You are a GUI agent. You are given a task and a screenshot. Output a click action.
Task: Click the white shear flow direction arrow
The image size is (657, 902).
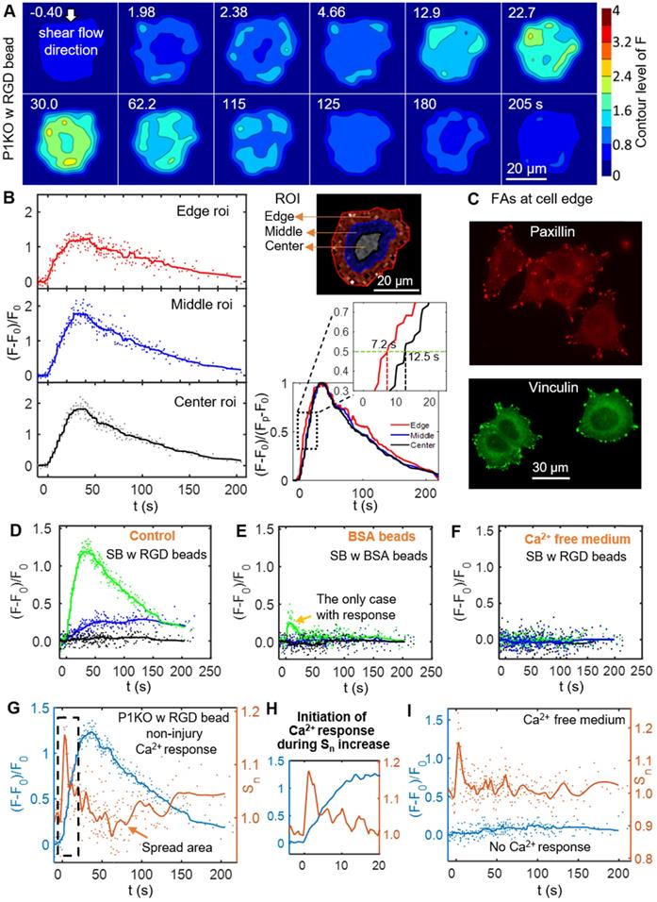coord(71,14)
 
